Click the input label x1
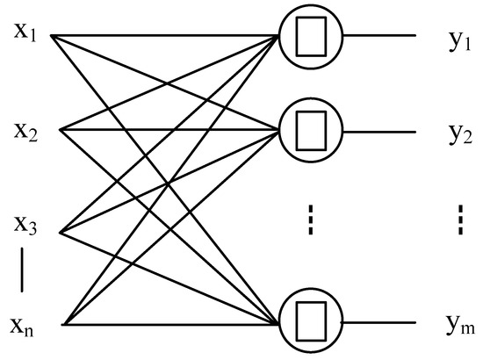pyautogui.click(x=25, y=32)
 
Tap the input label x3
pyautogui.click(x=25, y=226)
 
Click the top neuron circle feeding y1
pyautogui.click(x=308, y=37)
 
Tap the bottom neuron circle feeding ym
pyautogui.click(x=308, y=322)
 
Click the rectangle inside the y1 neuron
pyautogui.click(x=309, y=37)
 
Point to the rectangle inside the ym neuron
pyautogui.click(x=309, y=322)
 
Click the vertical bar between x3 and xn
pyautogui.click(x=23, y=272)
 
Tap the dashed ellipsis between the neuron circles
pyautogui.click(x=308, y=220)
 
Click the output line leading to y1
pyautogui.click(x=378, y=37)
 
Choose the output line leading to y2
pyautogui.click(x=378, y=132)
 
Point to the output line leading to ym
pyautogui.click(x=378, y=322)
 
